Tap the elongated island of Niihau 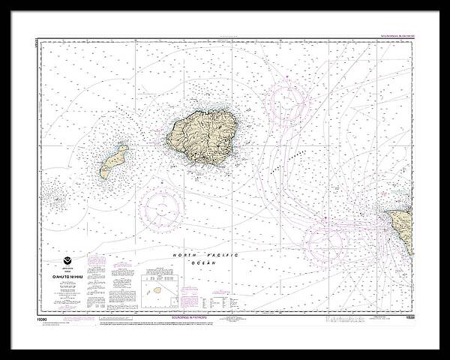click(113, 161)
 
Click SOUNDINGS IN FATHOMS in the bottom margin click(224, 306)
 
